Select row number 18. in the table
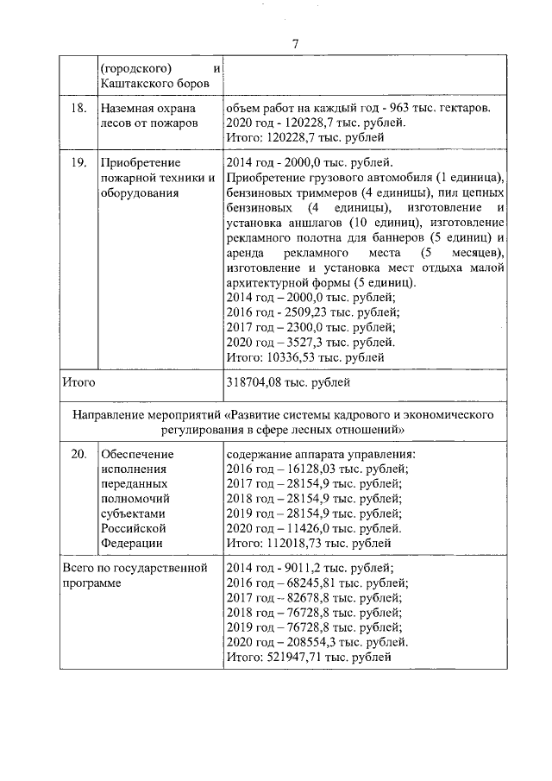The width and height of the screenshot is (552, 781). pyautogui.click(x=76, y=109)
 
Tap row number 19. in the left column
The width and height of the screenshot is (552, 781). pyautogui.click(x=76, y=161)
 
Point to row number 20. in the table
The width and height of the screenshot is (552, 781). pyautogui.click(x=76, y=454)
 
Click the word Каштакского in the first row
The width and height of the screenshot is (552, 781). pyautogui.click(x=135, y=82)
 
